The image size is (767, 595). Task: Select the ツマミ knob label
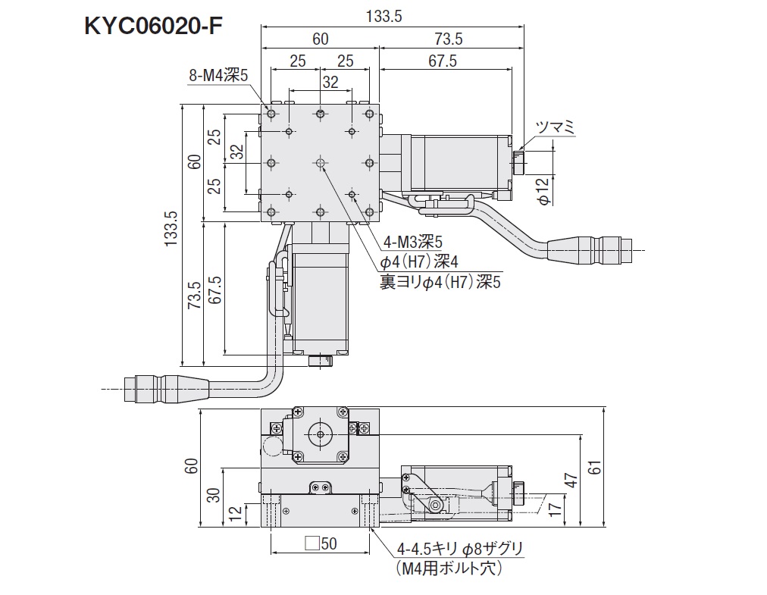click(555, 127)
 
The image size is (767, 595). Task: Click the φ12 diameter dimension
click(543, 189)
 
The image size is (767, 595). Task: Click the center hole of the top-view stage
click(321, 163)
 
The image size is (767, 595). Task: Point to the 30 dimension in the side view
click(214, 496)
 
